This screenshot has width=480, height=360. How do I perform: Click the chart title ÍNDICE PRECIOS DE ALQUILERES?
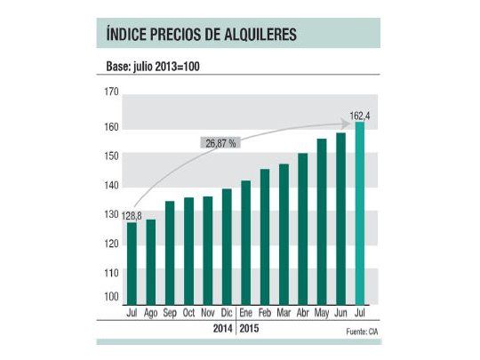pos(196,35)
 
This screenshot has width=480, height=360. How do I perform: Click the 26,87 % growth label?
pos(220,143)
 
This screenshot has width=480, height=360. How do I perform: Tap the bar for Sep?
pos(170,253)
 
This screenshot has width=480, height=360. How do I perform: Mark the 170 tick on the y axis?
pos(110,92)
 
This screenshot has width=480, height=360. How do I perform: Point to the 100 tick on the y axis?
pos(110,297)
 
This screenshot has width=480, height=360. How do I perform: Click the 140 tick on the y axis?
pos(110,186)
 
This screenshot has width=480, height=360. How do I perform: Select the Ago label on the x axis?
pos(150,314)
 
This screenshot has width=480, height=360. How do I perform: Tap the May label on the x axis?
pos(322,314)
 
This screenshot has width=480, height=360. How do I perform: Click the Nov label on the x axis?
pos(207,314)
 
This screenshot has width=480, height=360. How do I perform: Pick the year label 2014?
pos(223,329)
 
